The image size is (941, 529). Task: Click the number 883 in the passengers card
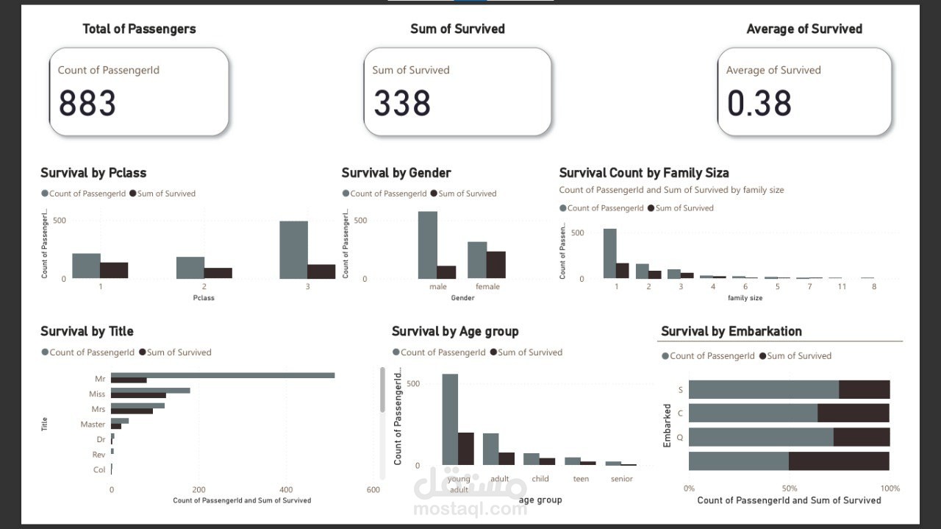pyautogui.click(x=87, y=103)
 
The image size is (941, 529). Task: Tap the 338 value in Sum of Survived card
pyautogui.click(x=401, y=103)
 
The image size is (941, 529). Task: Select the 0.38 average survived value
pyautogui.click(x=759, y=103)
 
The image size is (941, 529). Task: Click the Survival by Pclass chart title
pyautogui.click(x=93, y=173)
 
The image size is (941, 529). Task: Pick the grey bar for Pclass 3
pyautogui.click(x=293, y=249)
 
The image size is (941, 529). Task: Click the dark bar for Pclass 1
pyautogui.click(x=114, y=270)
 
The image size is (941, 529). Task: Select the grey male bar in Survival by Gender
pyautogui.click(x=427, y=245)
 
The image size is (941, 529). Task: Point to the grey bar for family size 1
pyautogui.click(x=609, y=253)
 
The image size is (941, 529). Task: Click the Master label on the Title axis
pyautogui.click(x=93, y=425)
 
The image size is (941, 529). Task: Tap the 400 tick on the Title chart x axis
pyautogui.click(x=286, y=489)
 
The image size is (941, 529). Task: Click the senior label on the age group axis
pyautogui.click(x=621, y=479)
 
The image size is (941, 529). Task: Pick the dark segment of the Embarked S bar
pyautogui.click(x=864, y=389)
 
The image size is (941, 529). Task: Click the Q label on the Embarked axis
pyautogui.click(x=681, y=437)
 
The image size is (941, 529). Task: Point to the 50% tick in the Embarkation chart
pyautogui.click(x=789, y=489)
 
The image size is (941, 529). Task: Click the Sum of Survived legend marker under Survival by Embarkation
pyautogui.click(x=762, y=356)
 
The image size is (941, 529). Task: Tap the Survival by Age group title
pyautogui.click(x=455, y=331)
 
